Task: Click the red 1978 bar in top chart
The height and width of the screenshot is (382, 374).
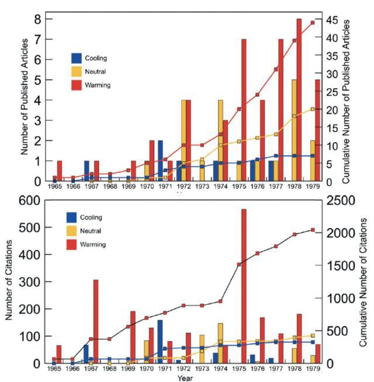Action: click(x=299, y=99)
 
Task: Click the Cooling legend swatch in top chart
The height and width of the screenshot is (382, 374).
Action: click(x=77, y=58)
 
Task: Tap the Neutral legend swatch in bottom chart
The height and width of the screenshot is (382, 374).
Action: click(x=73, y=230)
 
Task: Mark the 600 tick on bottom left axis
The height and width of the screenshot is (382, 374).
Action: click(x=30, y=200)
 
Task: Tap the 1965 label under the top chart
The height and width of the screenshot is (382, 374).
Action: click(x=55, y=186)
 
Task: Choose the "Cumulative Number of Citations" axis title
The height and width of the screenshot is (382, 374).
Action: click(x=363, y=282)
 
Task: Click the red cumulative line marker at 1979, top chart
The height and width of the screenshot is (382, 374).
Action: click(x=313, y=23)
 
